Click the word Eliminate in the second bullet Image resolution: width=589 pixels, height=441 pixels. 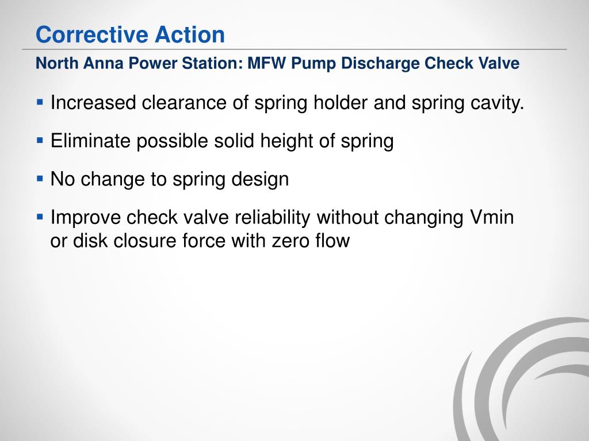click(x=91, y=141)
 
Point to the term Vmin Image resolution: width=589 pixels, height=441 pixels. click(x=490, y=218)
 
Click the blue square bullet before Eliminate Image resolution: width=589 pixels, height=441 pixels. click(x=40, y=140)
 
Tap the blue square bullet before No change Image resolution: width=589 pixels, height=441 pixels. click(x=40, y=179)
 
